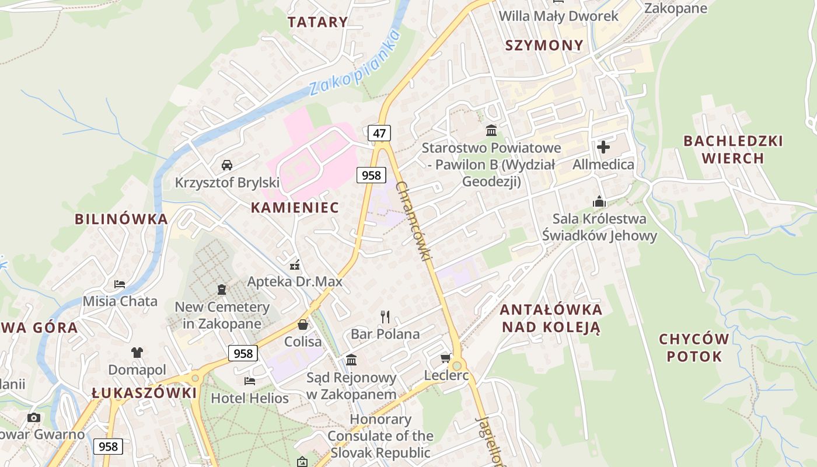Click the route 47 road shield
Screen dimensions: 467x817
[x=379, y=133]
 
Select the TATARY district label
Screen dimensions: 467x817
[x=317, y=22]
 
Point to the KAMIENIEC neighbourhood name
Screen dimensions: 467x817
[x=295, y=207]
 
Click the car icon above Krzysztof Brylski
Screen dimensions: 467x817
[x=227, y=165]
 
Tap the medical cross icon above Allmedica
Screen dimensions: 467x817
[x=603, y=147]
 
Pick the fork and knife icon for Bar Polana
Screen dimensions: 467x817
[x=385, y=317]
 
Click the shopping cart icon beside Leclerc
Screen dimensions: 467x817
[x=446, y=358]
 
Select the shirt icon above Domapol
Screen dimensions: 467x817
[x=137, y=353]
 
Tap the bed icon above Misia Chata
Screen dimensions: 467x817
[x=120, y=284]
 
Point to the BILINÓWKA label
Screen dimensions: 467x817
[x=121, y=219]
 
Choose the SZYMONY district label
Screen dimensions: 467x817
[x=544, y=46]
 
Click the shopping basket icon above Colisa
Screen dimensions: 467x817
[x=303, y=325]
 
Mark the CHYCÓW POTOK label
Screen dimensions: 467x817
[x=694, y=348]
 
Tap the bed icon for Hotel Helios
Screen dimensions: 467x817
[x=250, y=381]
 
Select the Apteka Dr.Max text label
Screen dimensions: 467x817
[x=295, y=282]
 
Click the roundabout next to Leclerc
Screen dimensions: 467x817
[x=457, y=365]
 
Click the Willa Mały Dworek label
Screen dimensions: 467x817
[x=558, y=16]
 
